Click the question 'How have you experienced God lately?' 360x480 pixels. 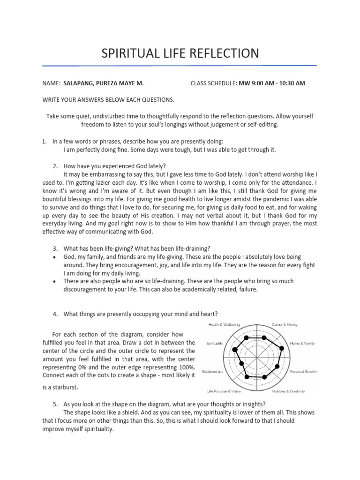click(114, 166)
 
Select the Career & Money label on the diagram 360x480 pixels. click(285, 324)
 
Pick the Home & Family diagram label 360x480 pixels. click(302, 344)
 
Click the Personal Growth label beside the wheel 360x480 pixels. click(303, 372)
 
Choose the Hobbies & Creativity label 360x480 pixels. click(289, 391)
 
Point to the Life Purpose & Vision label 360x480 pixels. click(224, 391)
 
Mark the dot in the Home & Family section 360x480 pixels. click(282, 348)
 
